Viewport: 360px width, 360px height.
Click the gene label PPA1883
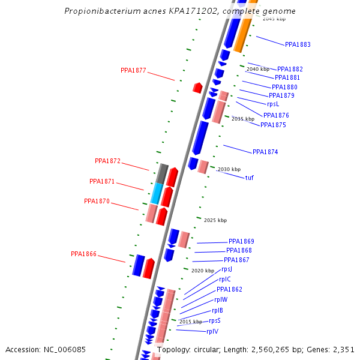point(298,44)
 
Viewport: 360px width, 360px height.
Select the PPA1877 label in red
point(133,70)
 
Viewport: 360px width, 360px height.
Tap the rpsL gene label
point(273,104)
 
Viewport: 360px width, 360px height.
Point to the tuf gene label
point(250,178)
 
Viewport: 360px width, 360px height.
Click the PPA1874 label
point(265,152)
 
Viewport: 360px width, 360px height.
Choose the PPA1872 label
point(107,161)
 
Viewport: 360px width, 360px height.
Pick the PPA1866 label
point(83,254)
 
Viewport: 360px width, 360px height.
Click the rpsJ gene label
point(227,269)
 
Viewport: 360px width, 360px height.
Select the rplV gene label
point(212,331)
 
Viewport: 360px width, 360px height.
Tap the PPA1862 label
point(229,289)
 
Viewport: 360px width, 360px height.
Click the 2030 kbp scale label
point(229,169)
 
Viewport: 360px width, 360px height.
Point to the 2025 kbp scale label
point(215,220)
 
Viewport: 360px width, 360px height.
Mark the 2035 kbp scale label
point(243,119)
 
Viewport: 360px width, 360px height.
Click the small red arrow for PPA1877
point(197,88)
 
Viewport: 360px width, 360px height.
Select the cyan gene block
point(157,194)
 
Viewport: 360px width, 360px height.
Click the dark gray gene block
point(161,173)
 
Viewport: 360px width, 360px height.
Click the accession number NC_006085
point(46,349)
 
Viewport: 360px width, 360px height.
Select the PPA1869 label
point(241,241)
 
